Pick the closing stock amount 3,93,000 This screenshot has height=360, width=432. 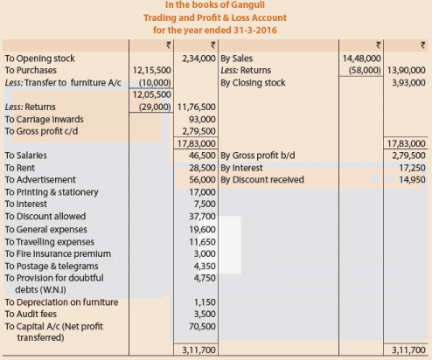point(407,80)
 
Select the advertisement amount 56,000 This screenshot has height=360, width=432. point(202,179)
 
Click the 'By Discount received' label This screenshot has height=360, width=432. point(262,179)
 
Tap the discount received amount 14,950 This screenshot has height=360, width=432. point(409,179)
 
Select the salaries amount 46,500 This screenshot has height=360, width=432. point(202,155)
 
